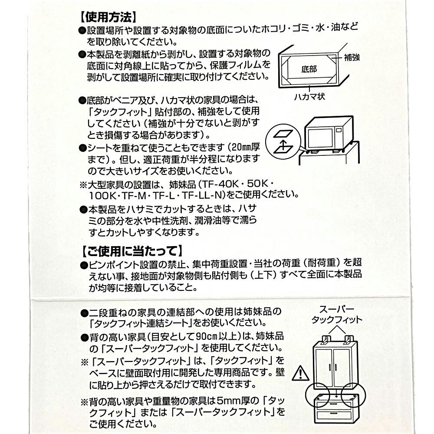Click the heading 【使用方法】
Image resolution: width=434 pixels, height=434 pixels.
pos(108,17)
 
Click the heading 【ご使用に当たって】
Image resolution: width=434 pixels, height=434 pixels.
pos(132,251)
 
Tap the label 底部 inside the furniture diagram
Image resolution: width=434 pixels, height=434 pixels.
pos(309,69)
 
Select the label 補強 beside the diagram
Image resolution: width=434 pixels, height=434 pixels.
pos(352,57)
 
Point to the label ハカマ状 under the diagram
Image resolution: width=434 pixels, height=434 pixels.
pos(309,97)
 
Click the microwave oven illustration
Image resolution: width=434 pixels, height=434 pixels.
pos(329,133)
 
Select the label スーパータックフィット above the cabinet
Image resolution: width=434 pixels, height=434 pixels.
pos(337,314)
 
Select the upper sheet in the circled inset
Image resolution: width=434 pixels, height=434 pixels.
pos(283,134)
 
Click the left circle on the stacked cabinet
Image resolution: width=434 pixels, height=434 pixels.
pos(317,395)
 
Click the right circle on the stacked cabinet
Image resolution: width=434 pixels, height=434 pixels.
pos(353,395)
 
